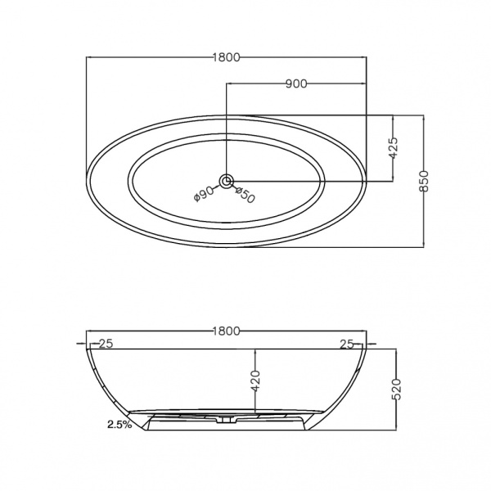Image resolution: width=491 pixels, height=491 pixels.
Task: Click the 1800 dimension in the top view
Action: (226, 57)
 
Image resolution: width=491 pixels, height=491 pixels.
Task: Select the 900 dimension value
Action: (295, 83)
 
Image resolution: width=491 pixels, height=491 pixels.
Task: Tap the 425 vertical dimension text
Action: (393, 147)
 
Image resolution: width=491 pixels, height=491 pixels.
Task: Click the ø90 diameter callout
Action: (203, 193)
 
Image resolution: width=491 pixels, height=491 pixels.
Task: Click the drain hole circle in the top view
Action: (226, 181)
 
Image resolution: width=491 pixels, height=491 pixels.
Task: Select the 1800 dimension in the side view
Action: (226, 331)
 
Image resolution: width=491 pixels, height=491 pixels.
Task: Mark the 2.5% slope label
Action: (119, 425)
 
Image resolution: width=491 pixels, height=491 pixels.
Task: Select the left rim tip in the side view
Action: (86, 348)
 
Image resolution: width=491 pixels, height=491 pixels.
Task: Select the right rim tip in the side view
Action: (367, 348)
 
